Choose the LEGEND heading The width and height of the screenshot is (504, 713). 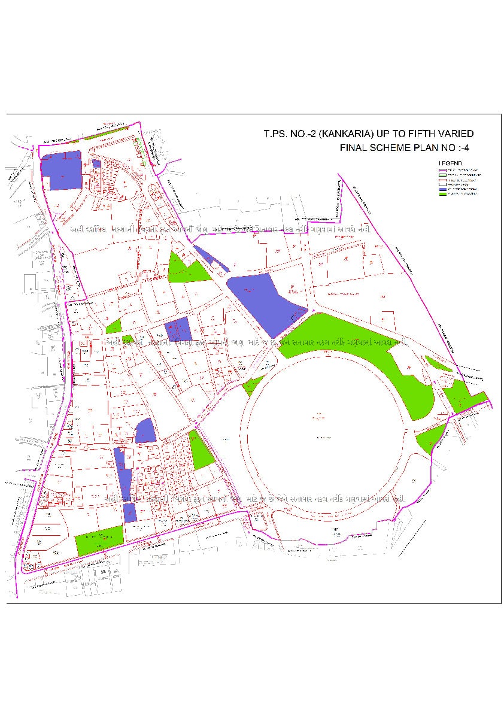[x=450, y=163]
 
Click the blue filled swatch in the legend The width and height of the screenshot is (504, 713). [x=444, y=189]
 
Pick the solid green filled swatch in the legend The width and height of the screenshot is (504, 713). [x=444, y=194]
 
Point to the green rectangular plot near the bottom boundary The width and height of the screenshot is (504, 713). [x=99, y=541]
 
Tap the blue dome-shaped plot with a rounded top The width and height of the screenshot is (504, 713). [x=145, y=432]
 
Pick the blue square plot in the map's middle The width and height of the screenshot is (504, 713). [x=178, y=330]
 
